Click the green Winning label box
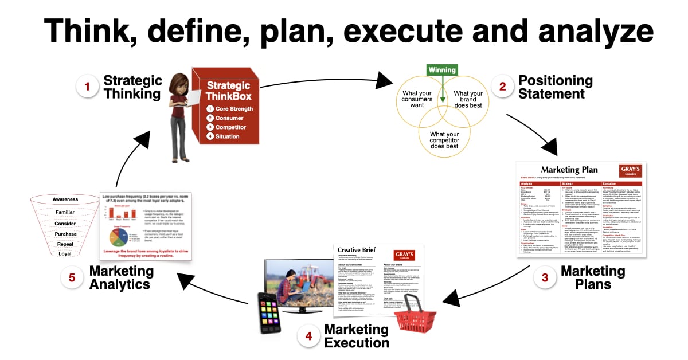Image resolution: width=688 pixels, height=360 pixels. pos(442,70)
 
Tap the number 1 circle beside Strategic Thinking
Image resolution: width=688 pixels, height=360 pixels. pos(88,87)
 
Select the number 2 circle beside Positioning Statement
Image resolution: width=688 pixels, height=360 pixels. pos(503,87)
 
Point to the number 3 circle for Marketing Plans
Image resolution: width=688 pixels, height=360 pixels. pos(545,278)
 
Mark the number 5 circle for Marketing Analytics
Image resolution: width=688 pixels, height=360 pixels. pos(72,278)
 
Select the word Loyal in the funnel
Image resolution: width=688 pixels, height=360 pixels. pos(65,253)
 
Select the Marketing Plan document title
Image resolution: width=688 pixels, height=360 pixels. pos(570,170)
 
